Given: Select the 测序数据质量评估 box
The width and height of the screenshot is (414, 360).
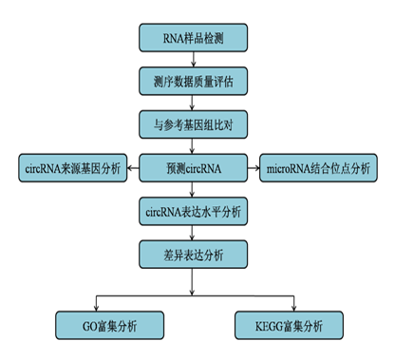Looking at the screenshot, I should point(193,82).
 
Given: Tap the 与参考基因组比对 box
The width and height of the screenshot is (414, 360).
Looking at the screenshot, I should point(193,124).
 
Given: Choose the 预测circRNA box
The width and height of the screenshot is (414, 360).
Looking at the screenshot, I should point(193,168).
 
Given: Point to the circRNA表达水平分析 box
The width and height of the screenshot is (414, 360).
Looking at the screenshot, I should point(193,212).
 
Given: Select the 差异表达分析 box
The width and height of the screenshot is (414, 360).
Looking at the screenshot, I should point(193,255).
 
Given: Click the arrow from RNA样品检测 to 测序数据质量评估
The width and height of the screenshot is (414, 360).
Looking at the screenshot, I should point(193,60).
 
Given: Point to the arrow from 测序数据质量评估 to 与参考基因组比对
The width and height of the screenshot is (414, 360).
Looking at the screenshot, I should point(193,103).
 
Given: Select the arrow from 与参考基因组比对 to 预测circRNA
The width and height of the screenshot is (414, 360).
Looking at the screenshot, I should point(193,146).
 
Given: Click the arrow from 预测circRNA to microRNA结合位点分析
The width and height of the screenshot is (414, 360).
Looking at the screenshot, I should point(253,169).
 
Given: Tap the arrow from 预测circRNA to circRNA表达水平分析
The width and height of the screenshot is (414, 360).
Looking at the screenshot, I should point(193,190).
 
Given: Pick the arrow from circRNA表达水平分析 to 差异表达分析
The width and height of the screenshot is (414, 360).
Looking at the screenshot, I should point(193,233).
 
